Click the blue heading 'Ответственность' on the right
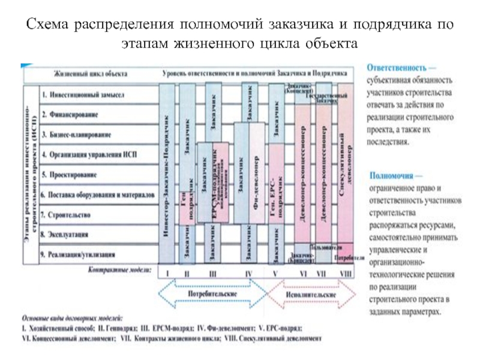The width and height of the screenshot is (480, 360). (397, 68)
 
